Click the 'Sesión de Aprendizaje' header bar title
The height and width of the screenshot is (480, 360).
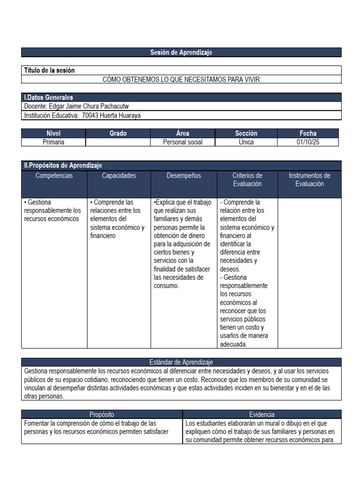(x=181, y=52)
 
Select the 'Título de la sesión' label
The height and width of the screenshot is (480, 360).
(x=49, y=70)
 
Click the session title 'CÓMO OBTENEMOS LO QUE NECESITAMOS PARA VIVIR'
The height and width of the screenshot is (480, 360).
(x=181, y=79)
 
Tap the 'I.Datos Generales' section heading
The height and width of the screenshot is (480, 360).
(x=49, y=97)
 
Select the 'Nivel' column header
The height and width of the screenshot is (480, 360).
(x=53, y=134)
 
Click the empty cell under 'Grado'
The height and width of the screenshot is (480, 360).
(x=118, y=142)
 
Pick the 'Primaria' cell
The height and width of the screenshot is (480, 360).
(x=53, y=142)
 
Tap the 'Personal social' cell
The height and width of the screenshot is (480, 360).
(x=183, y=142)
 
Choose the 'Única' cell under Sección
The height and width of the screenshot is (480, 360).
(x=246, y=142)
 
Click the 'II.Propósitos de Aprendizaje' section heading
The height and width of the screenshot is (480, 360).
(x=63, y=165)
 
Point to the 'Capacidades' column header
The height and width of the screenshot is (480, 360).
(x=119, y=176)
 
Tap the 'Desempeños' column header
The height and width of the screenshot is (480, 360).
(x=184, y=176)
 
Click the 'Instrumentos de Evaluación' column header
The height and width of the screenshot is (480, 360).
(x=309, y=180)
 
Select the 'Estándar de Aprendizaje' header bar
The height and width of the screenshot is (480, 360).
(x=181, y=362)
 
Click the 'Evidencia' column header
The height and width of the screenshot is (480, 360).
(x=262, y=414)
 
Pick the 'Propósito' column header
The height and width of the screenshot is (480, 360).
(x=102, y=414)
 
